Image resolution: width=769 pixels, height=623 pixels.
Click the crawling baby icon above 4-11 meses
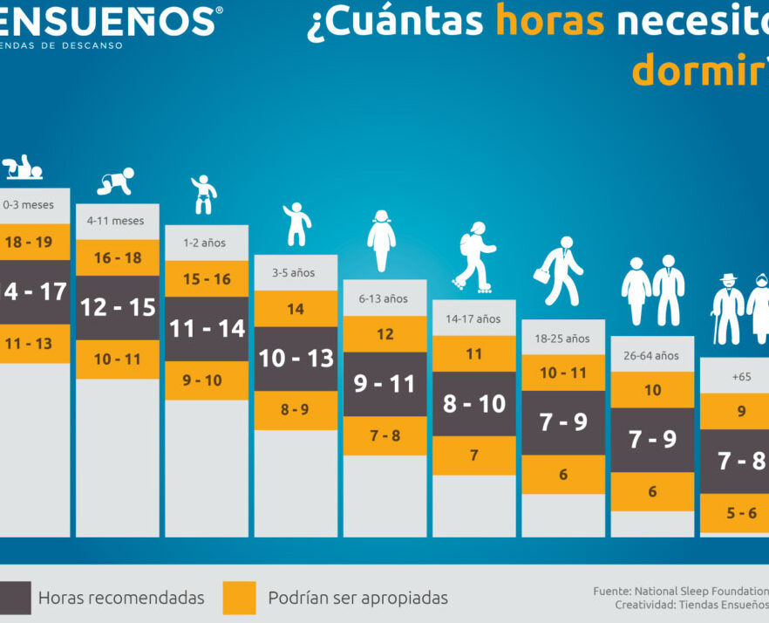click(x=117, y=181)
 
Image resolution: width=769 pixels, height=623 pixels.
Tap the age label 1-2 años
click(x=204, y=243)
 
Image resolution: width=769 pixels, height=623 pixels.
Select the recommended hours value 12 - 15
click(x=118, y=307)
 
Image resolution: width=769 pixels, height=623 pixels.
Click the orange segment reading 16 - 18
click(x=118, y=257)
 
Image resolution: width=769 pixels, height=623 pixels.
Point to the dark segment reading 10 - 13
click(x=296, y=358)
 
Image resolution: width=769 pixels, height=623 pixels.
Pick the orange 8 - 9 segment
click(x=296, y=409)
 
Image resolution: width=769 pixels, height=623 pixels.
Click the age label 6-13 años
click(x=384, y=298)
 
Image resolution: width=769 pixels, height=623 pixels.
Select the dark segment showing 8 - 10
click(x=474, y=403)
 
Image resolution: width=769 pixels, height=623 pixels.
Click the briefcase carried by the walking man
click(x=541, y=275)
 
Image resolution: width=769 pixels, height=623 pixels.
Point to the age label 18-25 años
click(x=562, y=339)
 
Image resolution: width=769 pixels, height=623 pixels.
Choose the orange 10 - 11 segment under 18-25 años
click(x=562, y=373)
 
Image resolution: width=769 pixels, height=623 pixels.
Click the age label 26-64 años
click(x=652, y=355)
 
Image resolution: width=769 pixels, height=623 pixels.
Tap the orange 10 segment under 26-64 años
click(x=652, y=390)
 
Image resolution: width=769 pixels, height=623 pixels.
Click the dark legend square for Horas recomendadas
click(x=14, y=598)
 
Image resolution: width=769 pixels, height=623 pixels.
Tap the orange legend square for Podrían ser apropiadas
click(x=240, y=598)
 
